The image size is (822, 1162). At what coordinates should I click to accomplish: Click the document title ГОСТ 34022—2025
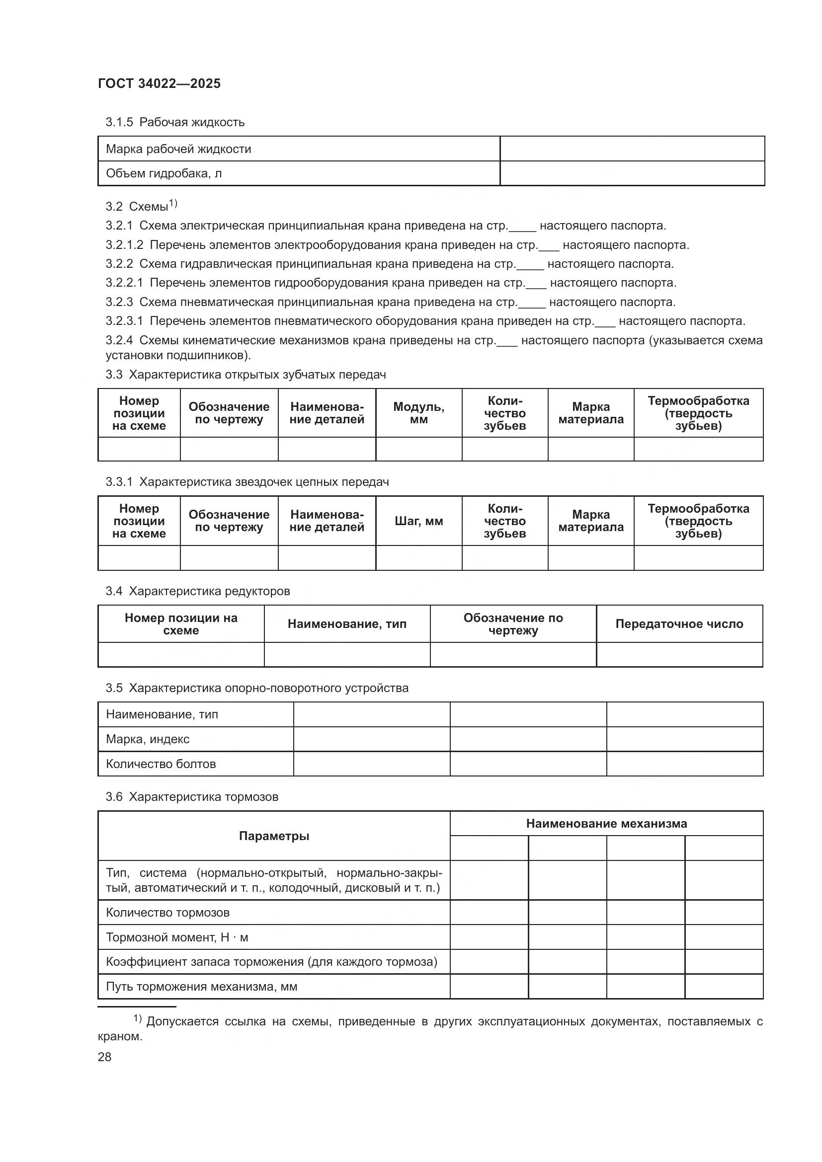(159, 83)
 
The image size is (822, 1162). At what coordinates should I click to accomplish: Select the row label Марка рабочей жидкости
(178, 149)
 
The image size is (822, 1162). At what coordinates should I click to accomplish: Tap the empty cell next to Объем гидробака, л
(632, 173)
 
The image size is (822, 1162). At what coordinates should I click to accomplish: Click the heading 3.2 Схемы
(141, 206)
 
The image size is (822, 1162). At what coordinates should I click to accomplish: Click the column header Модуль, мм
(418, 413)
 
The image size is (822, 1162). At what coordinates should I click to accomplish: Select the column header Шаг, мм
(418, 521)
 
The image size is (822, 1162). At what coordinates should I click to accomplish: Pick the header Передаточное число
(679, 623)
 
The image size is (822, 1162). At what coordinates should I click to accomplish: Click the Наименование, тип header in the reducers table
(347, 623)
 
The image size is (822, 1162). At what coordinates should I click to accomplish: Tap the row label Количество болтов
(161, 764)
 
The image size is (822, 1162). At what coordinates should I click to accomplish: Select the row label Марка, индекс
(147, 739)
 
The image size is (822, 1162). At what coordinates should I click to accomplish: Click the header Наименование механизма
(606, 823)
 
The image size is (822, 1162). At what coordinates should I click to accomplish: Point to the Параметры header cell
(274, 836)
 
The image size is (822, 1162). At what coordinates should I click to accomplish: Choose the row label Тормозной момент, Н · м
(176, 937)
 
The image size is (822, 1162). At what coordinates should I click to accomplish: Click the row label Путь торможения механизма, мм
(201, 987)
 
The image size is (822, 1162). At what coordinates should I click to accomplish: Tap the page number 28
(104, 1057)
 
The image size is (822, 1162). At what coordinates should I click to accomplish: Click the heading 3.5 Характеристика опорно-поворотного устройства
(256, 688)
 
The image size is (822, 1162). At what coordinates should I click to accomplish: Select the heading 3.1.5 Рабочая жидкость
(174, 122)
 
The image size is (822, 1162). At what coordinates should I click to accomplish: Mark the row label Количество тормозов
(167, 913)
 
